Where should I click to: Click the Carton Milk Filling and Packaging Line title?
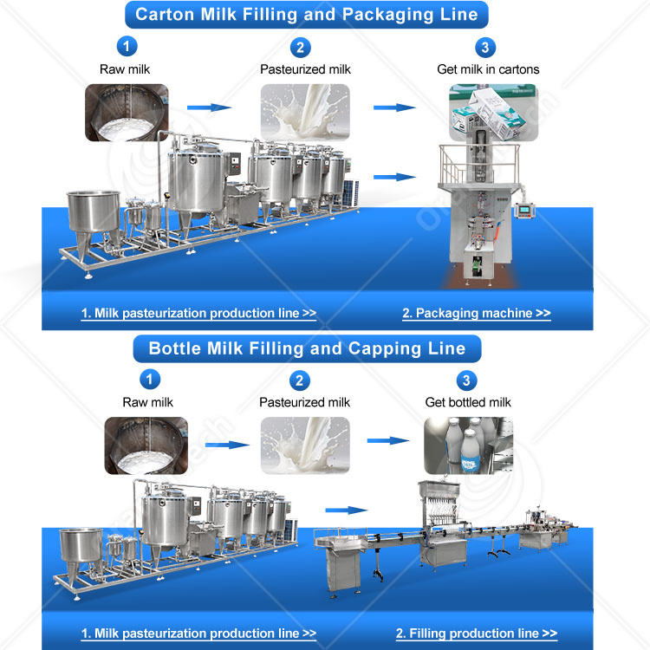click(x=307, y=15)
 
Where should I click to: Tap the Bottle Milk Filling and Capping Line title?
click(x=307, y=349)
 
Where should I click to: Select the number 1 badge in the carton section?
click(x=127, y=47)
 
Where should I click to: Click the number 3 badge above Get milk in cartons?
click(x=487, y=47)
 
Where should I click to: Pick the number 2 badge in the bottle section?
click(x=300, y=380)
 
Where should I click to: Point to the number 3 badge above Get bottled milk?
click(x=467, y=380)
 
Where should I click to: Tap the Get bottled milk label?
click(x=468, y=402)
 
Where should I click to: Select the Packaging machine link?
click(x=476, y=314)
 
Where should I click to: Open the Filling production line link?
click(x=476, y=634)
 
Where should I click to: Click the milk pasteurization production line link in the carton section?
click(x=198, y=314)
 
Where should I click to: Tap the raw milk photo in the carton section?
click(x=127, y=113)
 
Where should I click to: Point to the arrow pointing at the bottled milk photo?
click(x=387, y=440)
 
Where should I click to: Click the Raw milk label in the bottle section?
click(x=147, y=402)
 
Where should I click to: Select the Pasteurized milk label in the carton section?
click(x=305, y=69)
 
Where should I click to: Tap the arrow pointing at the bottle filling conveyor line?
click(x=345, y=511)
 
